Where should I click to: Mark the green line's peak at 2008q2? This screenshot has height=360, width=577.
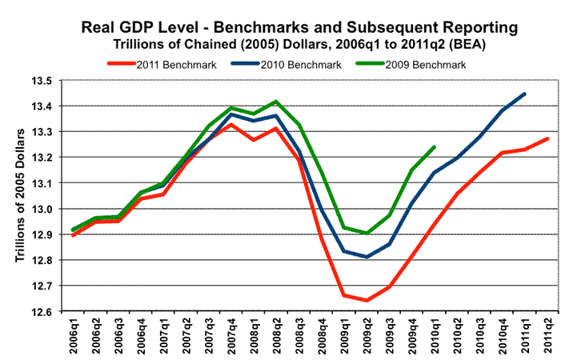(277, 102)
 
